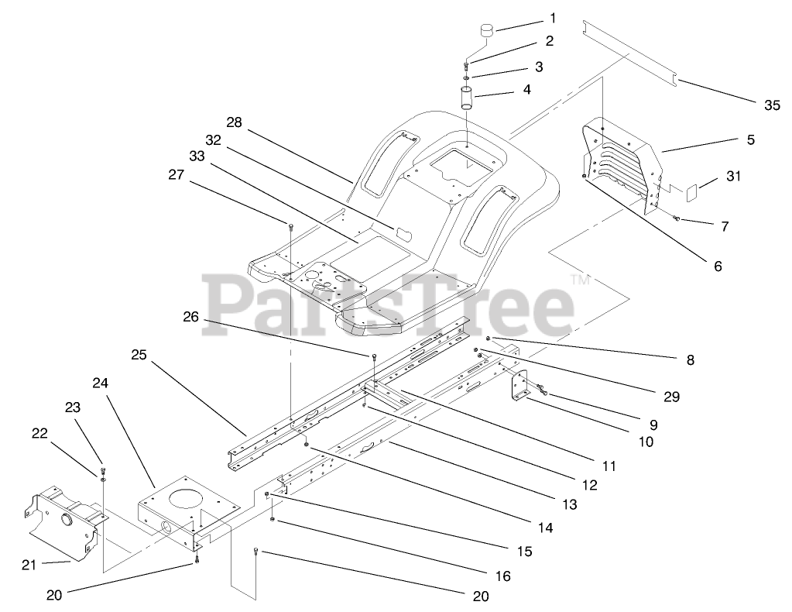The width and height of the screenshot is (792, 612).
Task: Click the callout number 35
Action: pyautogui.click(x=772, y=106)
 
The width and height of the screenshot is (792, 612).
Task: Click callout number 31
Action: pyautogui.click(x=733, y=176)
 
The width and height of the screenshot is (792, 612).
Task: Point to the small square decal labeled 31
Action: pyautogui.click(x=694, y=191)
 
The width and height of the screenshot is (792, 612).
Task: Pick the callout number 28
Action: pyautogui.click(x=235, y=122)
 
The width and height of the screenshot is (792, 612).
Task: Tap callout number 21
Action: pyautogui.click(x=29, y=565)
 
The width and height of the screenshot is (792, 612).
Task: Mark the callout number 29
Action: pyautogui.click(x=670, y=397)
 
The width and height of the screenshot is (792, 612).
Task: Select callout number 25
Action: pyautogui.click(x=139, y=355)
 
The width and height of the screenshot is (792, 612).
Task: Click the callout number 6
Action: pyautogui.click(x=717, y=266)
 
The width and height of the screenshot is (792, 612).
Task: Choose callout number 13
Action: pyautogui.click(x=570, y=504)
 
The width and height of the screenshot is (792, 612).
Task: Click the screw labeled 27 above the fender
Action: pyautogui.click(x=290, y=226)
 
